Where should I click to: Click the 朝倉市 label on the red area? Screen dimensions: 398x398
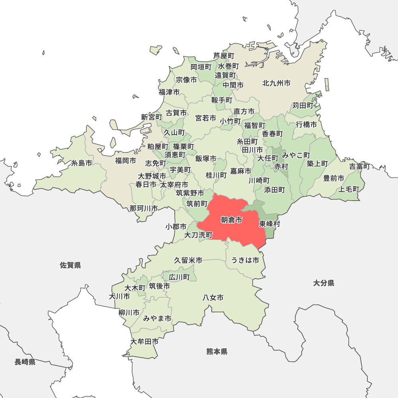click(231, 220)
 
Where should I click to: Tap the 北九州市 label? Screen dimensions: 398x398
click(276, 83)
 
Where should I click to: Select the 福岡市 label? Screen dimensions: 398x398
click(125, 161)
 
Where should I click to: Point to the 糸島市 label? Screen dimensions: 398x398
click(82, 163)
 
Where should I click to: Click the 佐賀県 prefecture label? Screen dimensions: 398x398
click(70, 265)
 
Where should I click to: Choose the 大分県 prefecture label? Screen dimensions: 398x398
click(324, 283)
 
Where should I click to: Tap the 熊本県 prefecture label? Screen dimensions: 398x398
click(217, 351)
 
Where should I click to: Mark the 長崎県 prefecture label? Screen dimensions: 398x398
click(25, 362)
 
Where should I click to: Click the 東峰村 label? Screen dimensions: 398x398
click(269, 224)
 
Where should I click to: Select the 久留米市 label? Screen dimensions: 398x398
click(188, 260)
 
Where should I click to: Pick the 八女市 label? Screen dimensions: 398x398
click(213, 297)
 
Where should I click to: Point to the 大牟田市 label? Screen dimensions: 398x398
click(144, 341)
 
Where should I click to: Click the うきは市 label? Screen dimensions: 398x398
click(245, 260)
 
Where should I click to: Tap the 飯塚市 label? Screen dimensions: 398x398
click(206, 158)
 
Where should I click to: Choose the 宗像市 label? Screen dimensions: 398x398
click(186, 80)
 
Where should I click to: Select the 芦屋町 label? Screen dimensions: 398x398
click(223, 56)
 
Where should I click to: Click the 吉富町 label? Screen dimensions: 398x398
click(360, 166)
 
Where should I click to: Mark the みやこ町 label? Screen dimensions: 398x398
click(296, 155)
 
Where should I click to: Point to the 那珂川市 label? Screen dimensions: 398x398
click(143, 208)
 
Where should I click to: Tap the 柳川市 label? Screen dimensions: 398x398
click(129, 312)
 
